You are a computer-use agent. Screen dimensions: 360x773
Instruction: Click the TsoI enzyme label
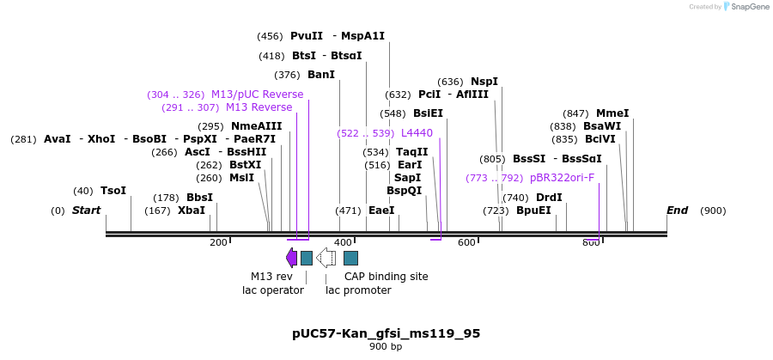pos(113,191)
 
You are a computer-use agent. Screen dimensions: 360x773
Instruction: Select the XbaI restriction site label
pos(192,211)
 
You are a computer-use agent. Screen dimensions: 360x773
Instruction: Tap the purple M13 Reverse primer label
pos(259,107)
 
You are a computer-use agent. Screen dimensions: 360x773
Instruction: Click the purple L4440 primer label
pos(417,133)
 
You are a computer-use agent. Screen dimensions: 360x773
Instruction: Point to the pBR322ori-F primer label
pos(562,178)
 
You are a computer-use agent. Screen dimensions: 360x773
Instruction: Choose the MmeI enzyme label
pos(612,113)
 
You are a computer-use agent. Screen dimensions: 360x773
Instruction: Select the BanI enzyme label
pos(321,75)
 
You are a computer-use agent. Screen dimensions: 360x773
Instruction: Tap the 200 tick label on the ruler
pos(218,243)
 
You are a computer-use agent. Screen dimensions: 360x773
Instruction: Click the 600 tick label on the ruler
pos(466,243)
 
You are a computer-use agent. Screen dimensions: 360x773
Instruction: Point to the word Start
pos(86,211)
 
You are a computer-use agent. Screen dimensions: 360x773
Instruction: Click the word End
pos(678,211)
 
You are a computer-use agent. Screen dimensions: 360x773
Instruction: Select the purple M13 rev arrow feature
pos(291,258)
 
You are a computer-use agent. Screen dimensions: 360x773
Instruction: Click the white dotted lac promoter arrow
pos(326,258)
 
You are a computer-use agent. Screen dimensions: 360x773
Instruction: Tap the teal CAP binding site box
pos(350,258)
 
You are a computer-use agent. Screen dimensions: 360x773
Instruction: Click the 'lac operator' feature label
pos(273,290)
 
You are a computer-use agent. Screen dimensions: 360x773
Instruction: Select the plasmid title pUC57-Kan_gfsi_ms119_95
pos(386,333)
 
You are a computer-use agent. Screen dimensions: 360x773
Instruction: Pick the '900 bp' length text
pos(386,347)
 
